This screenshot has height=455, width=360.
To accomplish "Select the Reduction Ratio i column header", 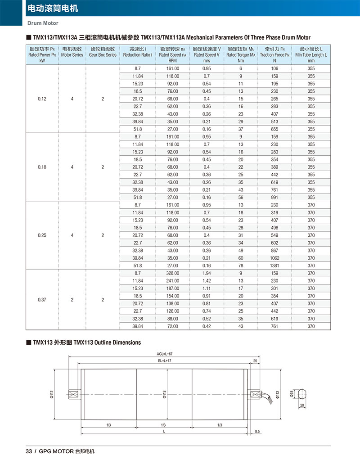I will tap(138, 54).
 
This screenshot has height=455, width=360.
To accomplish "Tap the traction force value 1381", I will tap(274, 266).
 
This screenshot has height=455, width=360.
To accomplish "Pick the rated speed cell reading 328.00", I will tap(173, 273).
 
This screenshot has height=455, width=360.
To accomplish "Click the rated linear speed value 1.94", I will tap(207, 273).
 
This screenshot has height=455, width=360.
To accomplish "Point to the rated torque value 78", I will tap(241, 266).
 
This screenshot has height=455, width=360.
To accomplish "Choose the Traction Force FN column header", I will tap(274, 54).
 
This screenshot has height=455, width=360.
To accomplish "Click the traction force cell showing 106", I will tap(274, 68).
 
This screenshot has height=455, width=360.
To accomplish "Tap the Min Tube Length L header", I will tap(311, 54).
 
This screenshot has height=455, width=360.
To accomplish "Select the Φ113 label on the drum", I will tap(164, 394).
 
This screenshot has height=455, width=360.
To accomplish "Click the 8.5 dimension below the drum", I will tap(257, 432).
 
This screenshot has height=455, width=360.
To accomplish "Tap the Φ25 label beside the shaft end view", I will tap(292, 393).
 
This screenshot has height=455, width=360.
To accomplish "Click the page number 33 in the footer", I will tap(28, 451).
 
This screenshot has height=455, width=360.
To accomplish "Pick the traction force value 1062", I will tap(274, 258).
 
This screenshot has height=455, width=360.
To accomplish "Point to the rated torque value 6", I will tap(241, 68).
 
